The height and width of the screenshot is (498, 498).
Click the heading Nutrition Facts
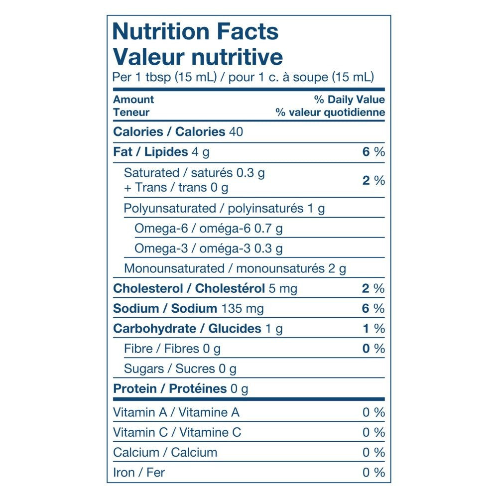pyautogui.click(x=195, y=32)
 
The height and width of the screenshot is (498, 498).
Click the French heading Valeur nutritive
pyautogui.click(x=198, y=57)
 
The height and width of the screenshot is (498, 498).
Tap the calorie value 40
pyautogui.click(x=236, y=132)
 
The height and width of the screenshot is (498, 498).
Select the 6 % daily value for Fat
pyautogui.click(x=373, y=152)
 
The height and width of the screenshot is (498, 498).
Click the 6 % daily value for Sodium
pyautogui.click(x=373, y=309)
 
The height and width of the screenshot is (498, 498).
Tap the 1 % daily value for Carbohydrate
pyautogui.click(x=373, y=329)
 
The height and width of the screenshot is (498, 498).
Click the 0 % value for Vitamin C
pyautogui.click(x=373, y=432)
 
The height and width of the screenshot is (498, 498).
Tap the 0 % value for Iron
pyautogui.click(x=373, y=472)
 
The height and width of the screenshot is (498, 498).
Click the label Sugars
pyautogui.click(x=144, y=369)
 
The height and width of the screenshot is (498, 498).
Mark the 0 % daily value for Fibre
pyautogui.click(x=373, y=349)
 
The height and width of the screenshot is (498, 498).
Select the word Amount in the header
pyautogui.click(x=133, y=100)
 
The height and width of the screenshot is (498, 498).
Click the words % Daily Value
pyautogui.click(x=349, y=100)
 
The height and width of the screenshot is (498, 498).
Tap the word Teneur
pyautogui.click(x=131, y=112)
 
